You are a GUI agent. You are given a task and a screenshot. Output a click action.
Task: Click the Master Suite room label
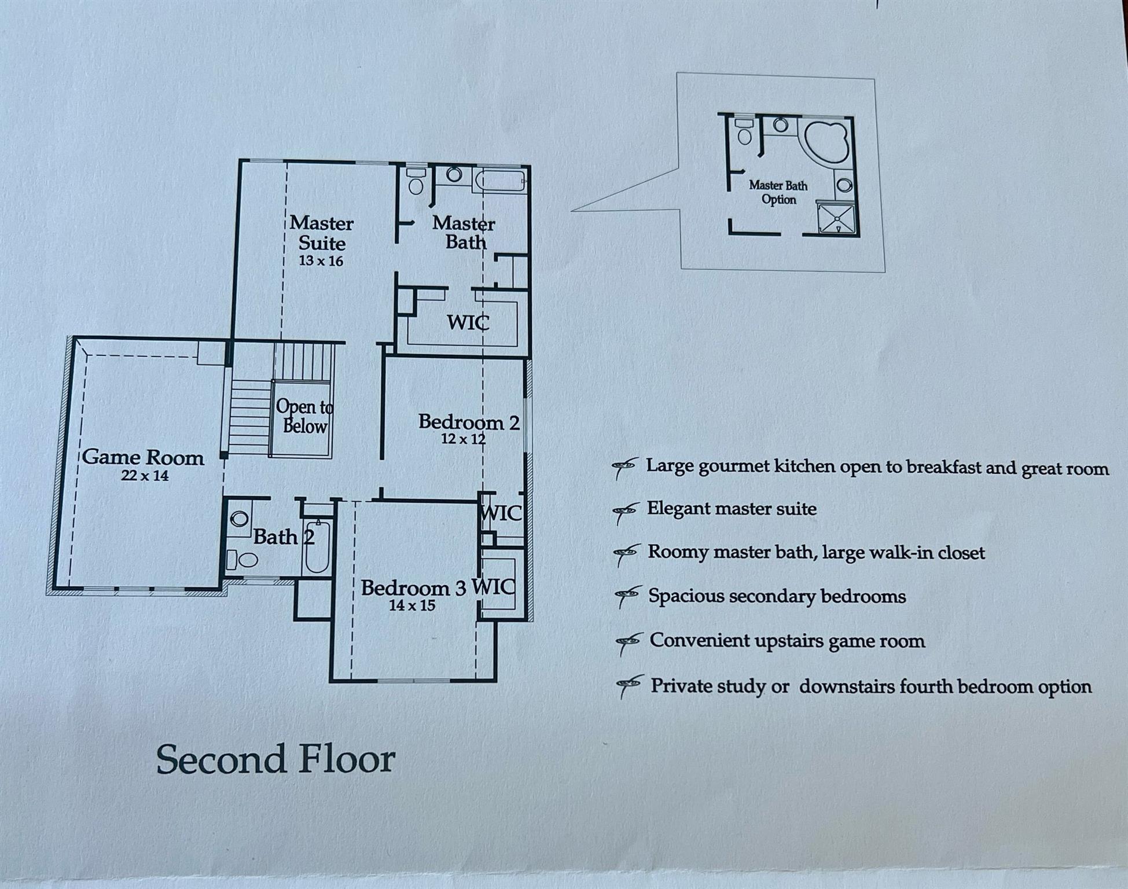pos(321,233)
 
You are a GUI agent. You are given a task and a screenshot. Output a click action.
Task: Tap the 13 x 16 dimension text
pos(321,261)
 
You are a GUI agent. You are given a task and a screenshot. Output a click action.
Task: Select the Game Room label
pos(143,457)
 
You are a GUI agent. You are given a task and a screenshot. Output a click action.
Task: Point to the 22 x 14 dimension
pos(145,476)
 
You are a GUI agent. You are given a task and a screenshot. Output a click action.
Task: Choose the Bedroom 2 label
pos(468,423)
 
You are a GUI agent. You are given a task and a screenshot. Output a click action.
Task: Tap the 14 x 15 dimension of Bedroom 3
pos(411,606)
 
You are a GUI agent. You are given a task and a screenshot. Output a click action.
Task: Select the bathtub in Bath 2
pos(317,547)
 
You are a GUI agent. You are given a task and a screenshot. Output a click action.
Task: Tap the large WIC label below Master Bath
pos(468,322)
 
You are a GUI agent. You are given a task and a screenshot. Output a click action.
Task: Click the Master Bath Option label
pos(778,192)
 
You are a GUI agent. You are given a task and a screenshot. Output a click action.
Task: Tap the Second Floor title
pos(275,759)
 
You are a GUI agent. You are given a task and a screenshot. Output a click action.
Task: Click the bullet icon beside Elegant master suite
pos(626,511)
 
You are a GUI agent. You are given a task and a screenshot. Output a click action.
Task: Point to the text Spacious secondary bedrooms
pos(777,596)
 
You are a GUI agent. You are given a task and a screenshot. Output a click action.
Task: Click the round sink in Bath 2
pos(239,519)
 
